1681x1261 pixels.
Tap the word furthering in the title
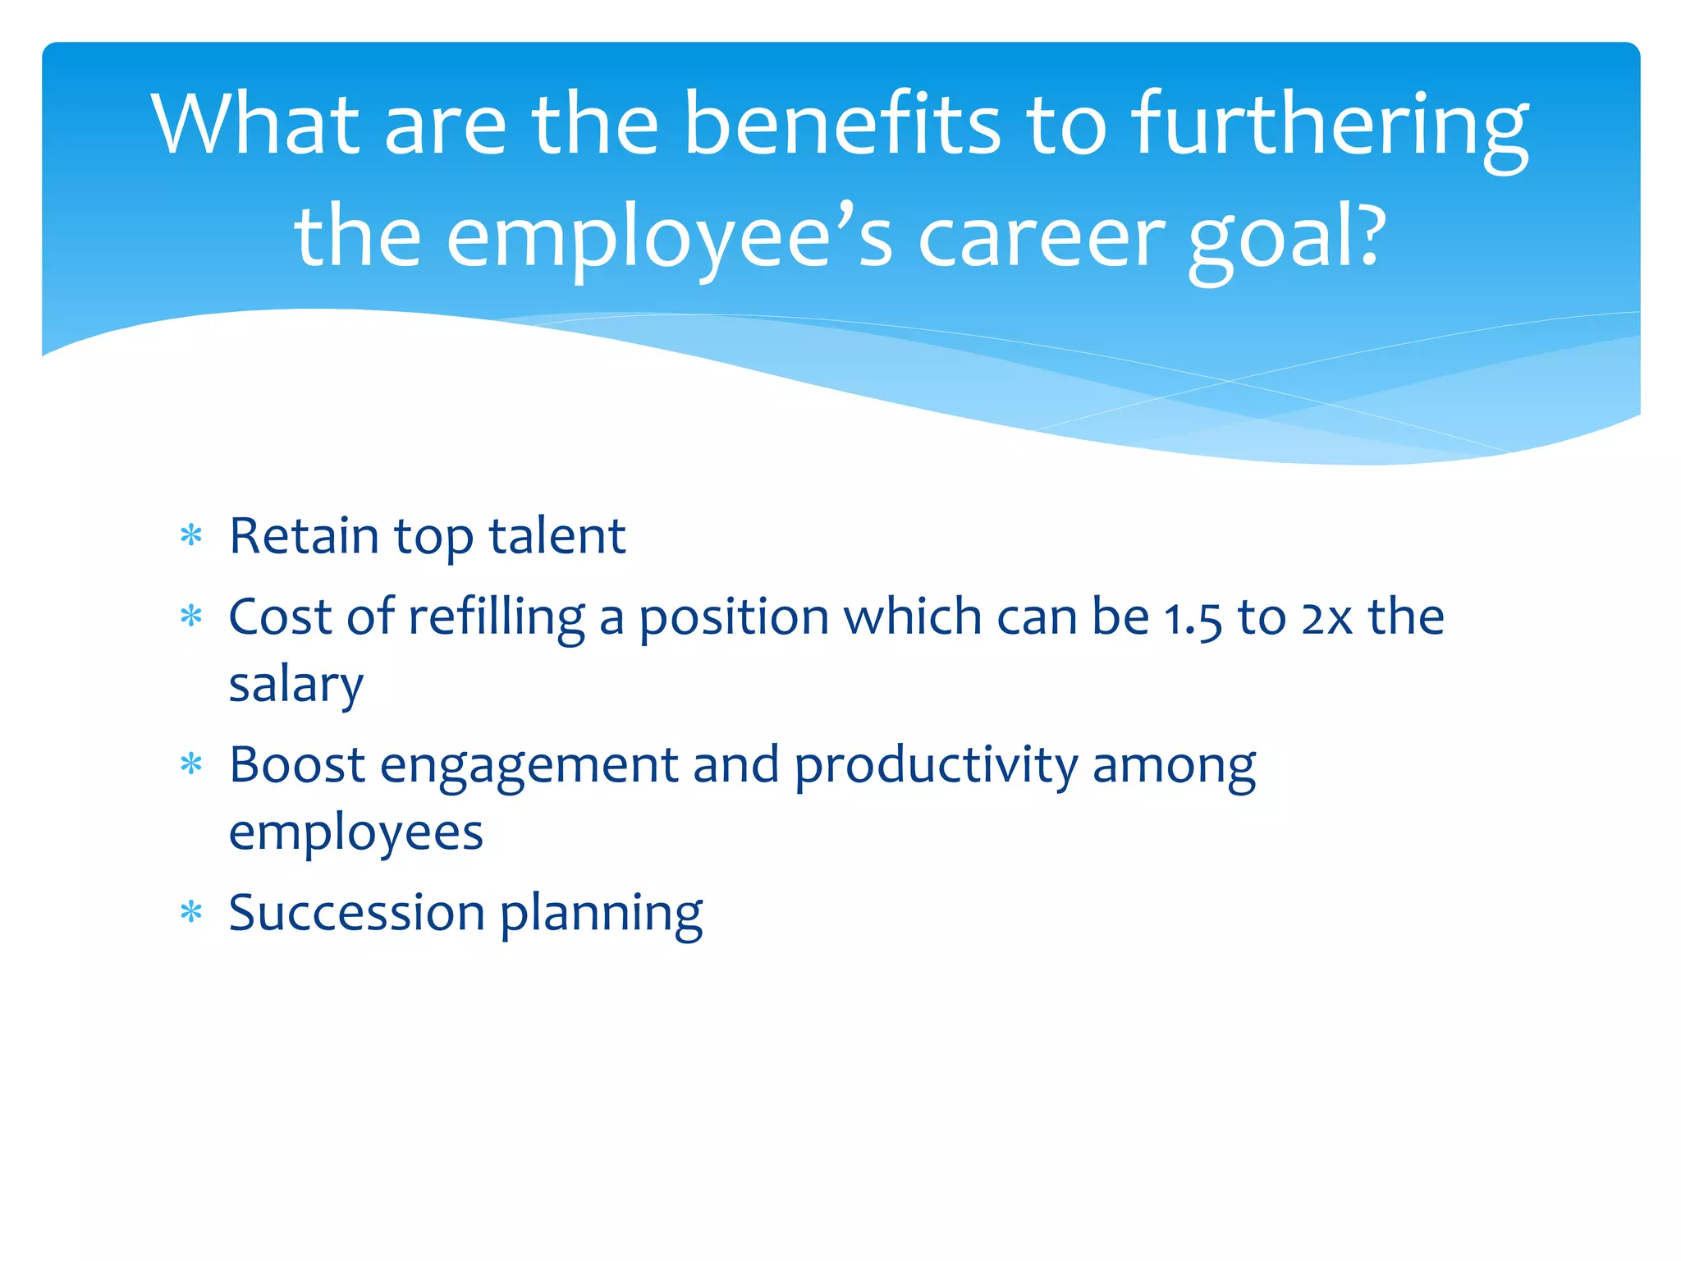1330,127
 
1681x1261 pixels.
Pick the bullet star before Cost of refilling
191,617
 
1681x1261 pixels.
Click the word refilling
497,617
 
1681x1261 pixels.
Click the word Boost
297,765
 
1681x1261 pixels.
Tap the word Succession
357,913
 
